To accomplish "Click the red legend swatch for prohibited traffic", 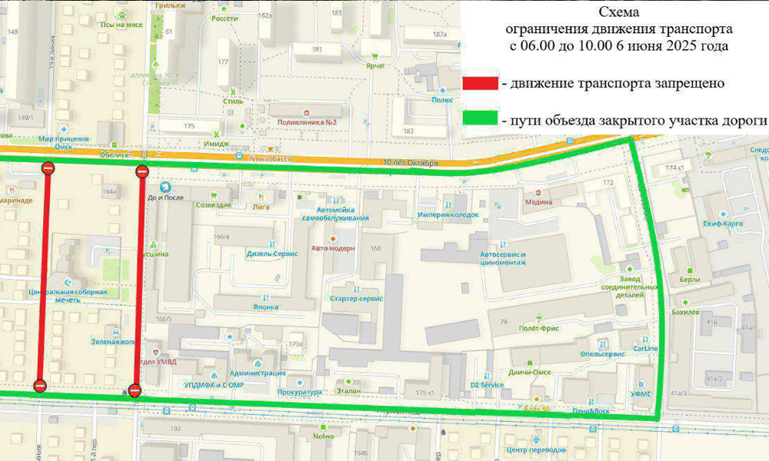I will pos(481,83).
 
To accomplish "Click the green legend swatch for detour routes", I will pos(481,121).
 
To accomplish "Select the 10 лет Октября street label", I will pos(410,163).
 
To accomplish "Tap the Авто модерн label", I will pos(332,248).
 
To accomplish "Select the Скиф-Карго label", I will pos(722,223).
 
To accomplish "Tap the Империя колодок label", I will pos(448,214).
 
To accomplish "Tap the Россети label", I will pos(225,18).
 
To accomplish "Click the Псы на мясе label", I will pos(122,25).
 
